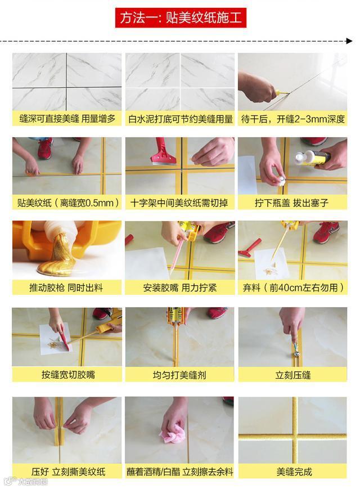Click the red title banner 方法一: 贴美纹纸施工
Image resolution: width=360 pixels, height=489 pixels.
coord(181,18)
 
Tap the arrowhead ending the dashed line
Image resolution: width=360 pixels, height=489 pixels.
coord(349,41)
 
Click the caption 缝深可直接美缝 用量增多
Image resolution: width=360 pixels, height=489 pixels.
coord(67,119)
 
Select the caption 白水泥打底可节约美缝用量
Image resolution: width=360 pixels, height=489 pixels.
coord(181,119)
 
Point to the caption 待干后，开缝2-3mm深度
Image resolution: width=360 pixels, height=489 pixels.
coord(292,119)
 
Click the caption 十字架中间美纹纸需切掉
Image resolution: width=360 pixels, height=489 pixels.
coord(179,203)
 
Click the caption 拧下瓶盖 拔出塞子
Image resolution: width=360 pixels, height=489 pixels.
coord(292,203)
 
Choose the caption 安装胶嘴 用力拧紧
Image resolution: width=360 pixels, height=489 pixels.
coord(180,288)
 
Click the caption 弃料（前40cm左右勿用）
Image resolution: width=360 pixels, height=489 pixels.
coord(293,287)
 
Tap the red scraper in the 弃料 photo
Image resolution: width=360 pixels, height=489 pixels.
coord(249,247)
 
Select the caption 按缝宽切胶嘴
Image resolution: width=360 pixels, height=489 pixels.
coord(68,374)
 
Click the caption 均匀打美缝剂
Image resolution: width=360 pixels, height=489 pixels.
coord(179,375)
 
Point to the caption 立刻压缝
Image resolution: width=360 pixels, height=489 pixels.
coord(292,375)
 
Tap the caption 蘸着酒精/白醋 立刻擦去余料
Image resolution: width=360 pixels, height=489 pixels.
coord(179,471)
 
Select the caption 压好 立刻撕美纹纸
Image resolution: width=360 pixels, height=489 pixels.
coord(68,471)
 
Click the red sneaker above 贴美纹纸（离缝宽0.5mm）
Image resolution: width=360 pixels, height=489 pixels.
coord(45,147)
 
